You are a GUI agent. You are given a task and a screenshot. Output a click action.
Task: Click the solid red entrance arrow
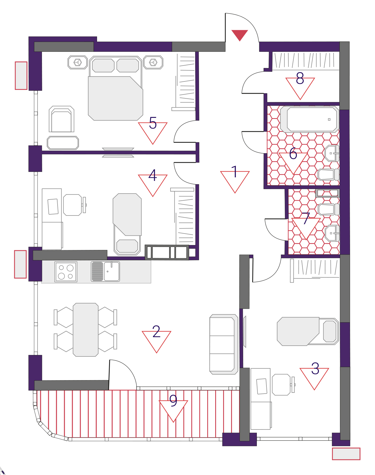coord(240,35)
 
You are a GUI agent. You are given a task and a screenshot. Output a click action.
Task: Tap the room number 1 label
coord(234,172)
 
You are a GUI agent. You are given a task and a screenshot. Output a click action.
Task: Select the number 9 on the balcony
coord(173,400)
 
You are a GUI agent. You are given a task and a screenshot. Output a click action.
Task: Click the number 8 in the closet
coord(300,78)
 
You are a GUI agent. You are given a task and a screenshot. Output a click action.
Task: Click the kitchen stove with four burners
coord(66,272)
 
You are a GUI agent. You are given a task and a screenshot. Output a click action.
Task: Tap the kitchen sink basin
coord(112,271)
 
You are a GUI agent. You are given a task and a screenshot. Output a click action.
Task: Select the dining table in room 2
coord(86,330)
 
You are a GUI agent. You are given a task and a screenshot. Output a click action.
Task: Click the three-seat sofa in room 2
coord(224,344)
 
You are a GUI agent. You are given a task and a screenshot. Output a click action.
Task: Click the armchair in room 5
coord(61,119)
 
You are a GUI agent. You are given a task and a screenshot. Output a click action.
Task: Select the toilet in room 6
coord(328,174)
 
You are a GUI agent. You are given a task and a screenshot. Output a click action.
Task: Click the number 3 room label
coord(315,368)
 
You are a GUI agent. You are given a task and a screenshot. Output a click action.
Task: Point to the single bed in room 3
coord(308,331)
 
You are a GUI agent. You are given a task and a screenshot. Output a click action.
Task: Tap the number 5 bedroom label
coord(153,123)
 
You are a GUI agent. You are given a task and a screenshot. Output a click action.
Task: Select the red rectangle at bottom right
coord(346,454)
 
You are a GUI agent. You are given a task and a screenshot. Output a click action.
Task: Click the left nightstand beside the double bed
coord(78,63)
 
